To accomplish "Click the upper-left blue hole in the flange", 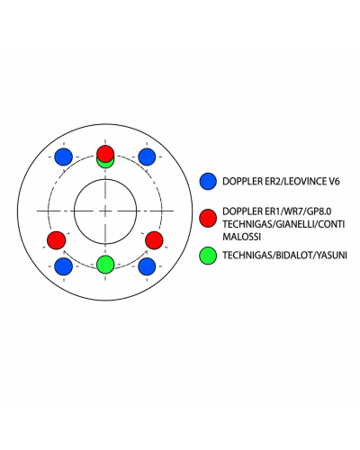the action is coord(64,157).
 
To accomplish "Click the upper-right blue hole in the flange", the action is coord(147,157).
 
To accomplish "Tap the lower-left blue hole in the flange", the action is coord(64,266).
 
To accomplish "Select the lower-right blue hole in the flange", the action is coord(147,266).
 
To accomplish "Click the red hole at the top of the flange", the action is coord(105,154).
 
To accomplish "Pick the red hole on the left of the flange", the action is coord(57,240).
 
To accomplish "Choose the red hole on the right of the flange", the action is coord(154,240).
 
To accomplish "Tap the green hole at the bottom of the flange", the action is coord(105,265).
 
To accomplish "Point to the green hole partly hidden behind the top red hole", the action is coord(105,165).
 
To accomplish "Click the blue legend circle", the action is coord(208,181).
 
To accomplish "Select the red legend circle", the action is coord(208,218).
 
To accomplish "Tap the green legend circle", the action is coord(208,256).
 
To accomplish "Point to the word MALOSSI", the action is coord(241,237).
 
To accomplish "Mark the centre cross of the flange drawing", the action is coord(105,211).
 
